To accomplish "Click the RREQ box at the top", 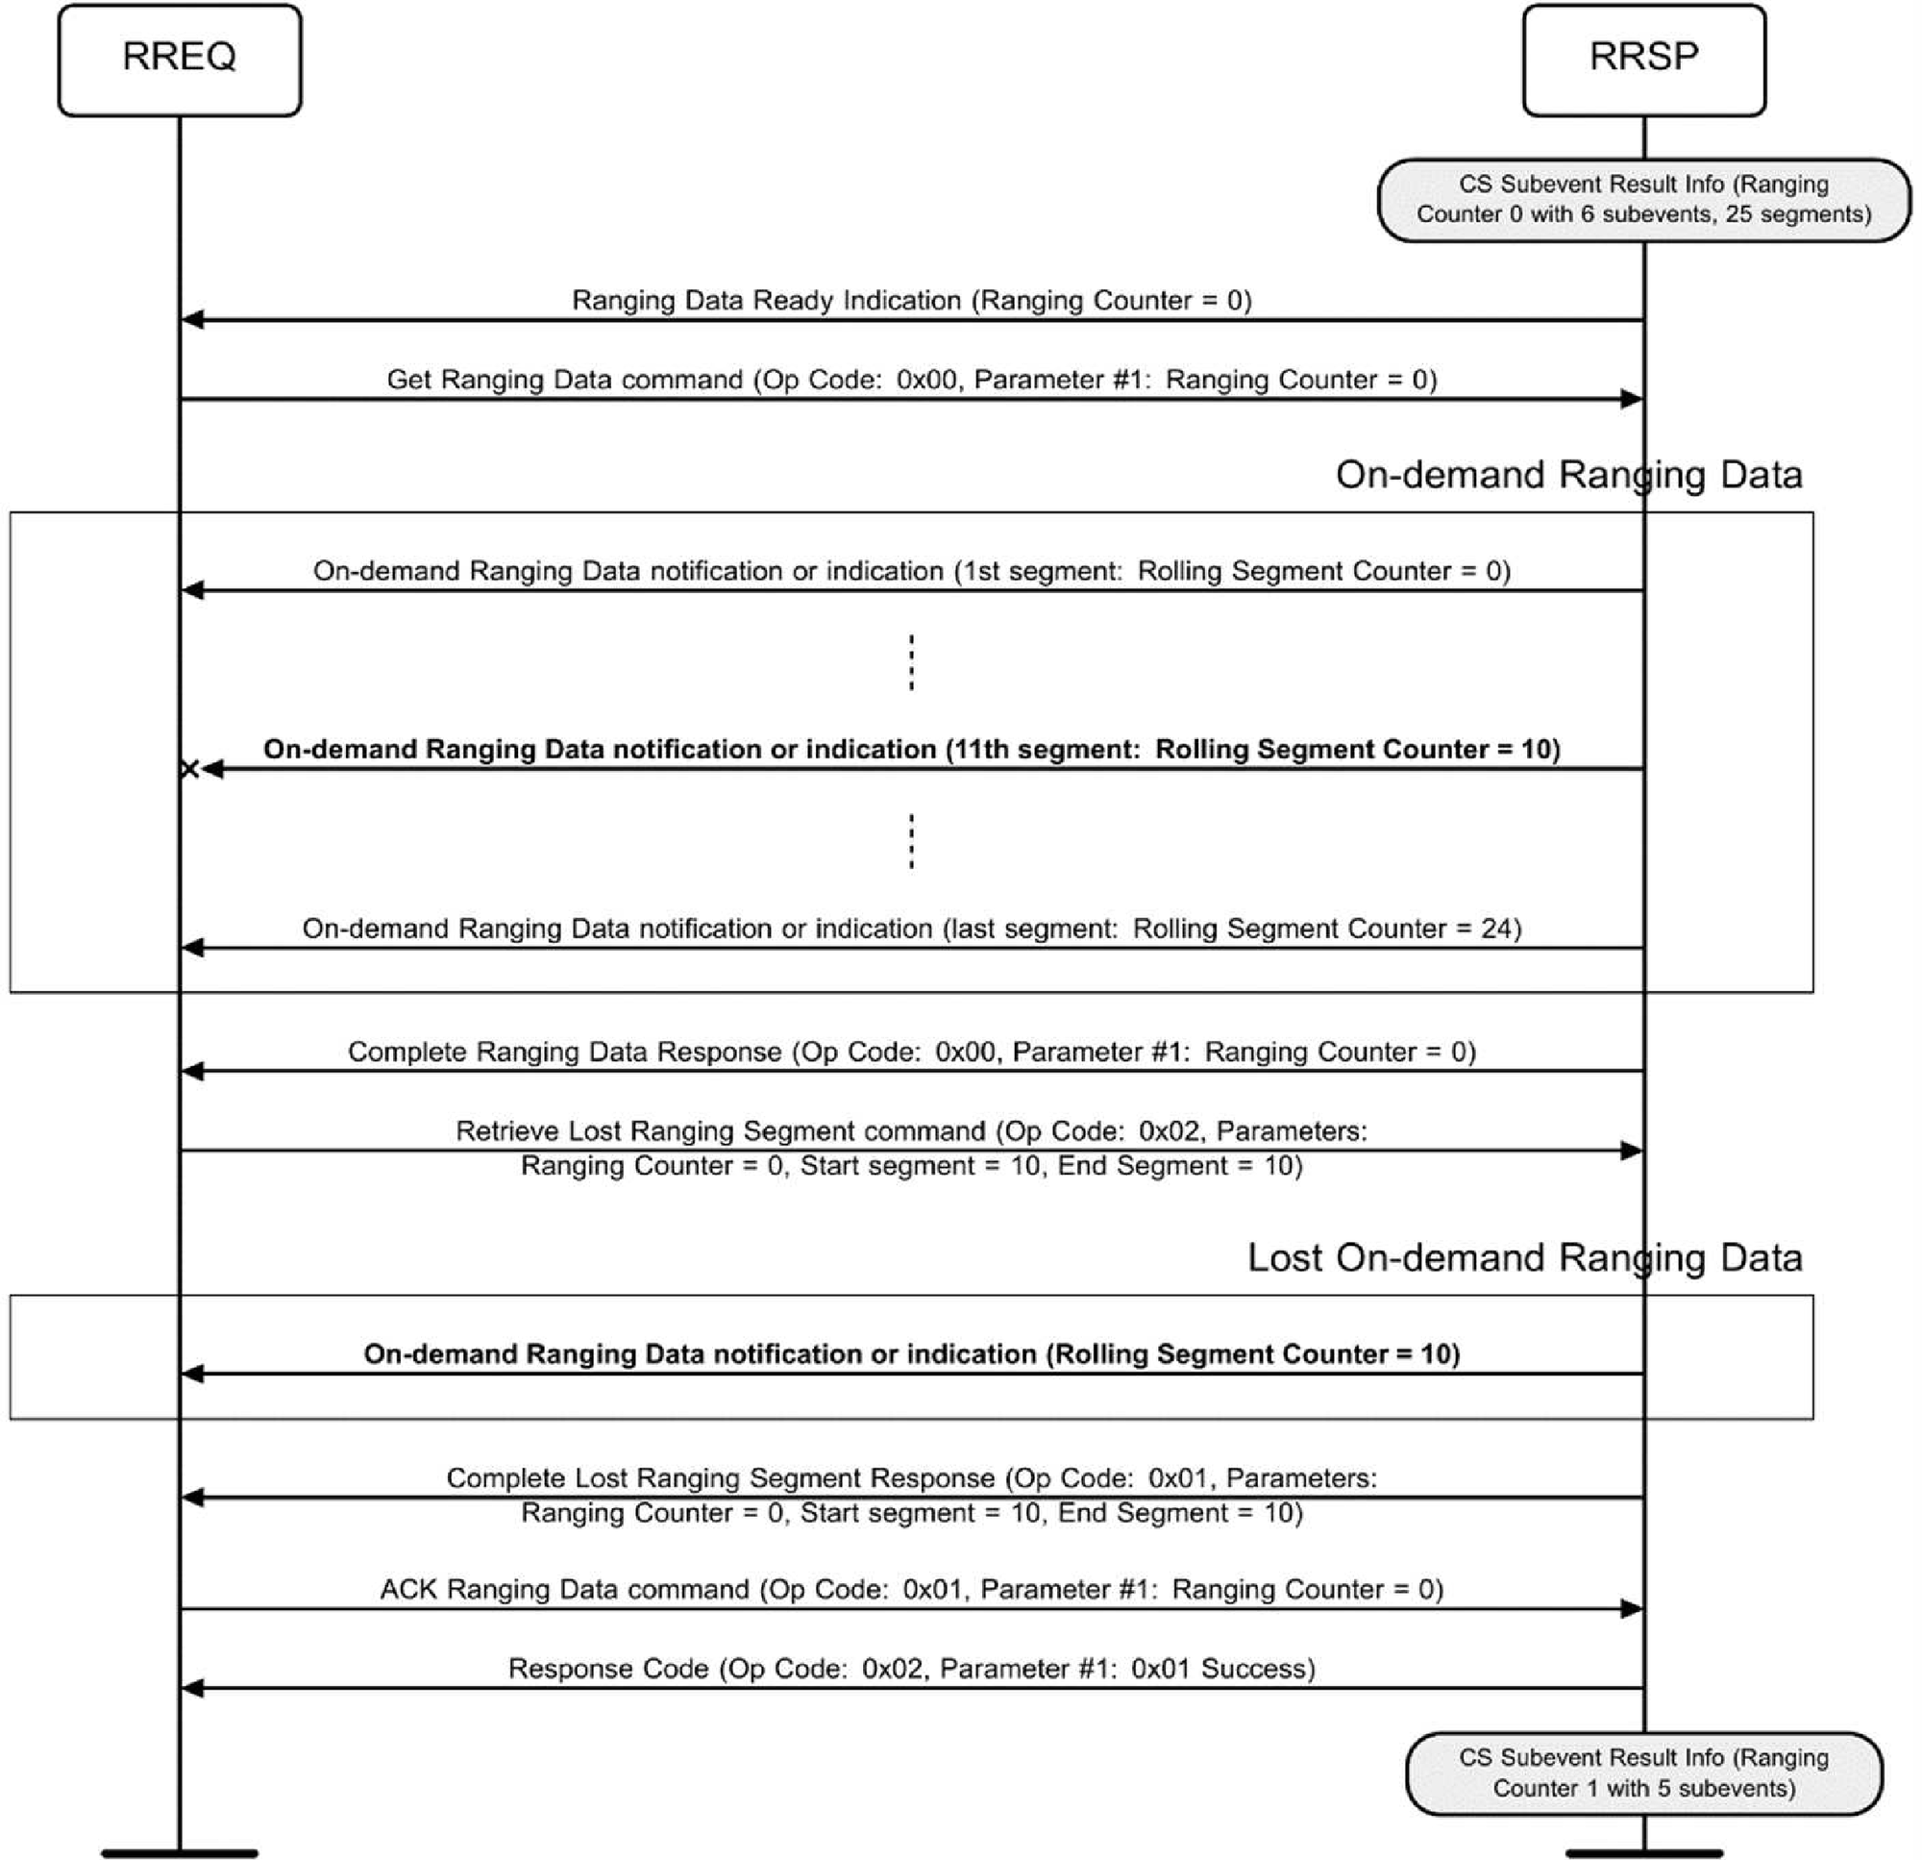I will click(180, 59).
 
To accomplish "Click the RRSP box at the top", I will click(1643, 59).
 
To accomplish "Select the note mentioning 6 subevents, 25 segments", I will click(1643, 199).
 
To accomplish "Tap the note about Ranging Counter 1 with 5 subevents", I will click(1643, 1773).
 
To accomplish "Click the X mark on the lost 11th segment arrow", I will click(189, 769).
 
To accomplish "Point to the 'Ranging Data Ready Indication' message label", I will click(911, 300).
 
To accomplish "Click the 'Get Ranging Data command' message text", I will click(911, 380).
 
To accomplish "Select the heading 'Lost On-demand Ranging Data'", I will click(1524, 1257).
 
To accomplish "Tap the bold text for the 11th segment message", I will click(911, 750).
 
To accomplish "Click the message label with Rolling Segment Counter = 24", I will click(911, 928).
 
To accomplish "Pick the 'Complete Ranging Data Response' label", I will click(911, 1052).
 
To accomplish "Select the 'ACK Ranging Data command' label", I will click(911, 1589).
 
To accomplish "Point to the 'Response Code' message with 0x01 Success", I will click(911, 1669).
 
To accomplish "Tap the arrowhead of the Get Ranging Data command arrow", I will click(1632, 399).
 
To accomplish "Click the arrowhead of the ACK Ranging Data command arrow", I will click(1632, 1609).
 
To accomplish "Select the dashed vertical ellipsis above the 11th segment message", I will click(911, 663).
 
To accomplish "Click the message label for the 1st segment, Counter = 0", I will click(911, 571).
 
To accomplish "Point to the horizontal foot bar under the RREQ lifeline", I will click(180, 1853).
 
